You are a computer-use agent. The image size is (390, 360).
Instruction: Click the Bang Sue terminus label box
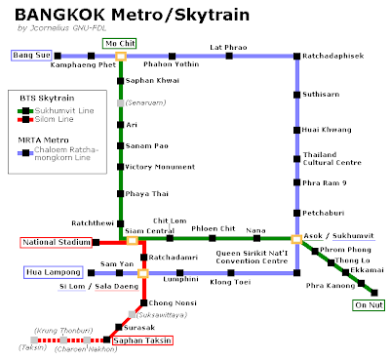coord(31,56)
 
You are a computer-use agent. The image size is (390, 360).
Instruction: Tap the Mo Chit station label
coord(120,44)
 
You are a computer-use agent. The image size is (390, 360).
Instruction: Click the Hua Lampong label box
coord(48,273)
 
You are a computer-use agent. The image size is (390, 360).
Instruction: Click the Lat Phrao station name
coord(229,46)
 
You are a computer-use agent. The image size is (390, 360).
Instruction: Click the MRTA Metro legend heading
coord(46,140)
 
